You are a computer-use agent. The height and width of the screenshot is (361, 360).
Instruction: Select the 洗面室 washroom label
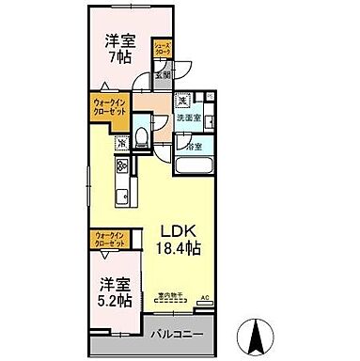tap(185, 121)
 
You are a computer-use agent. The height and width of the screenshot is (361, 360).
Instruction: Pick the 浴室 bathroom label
tap(195, 148)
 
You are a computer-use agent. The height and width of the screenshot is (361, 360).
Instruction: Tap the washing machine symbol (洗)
tap(185, 101)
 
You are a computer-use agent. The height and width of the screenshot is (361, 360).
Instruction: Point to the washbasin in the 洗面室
tap(210, 119)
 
